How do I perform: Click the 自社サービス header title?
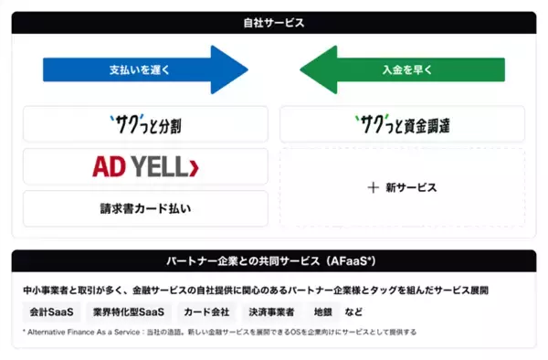coord(274,21)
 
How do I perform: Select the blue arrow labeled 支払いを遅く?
coord(142,69)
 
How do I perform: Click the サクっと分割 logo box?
coord(146,123)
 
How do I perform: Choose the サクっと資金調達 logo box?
coord(402,123)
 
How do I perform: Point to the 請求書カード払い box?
coord(146,209)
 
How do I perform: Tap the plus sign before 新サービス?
coord(373,187)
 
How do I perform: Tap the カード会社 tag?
coord(205,312)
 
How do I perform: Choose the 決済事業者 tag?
coord(271,312)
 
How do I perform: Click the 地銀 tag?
coord(321,312)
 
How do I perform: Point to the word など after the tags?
coord(353,312)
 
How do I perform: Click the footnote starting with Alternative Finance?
coord(219,333)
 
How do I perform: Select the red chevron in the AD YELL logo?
coord(193,167)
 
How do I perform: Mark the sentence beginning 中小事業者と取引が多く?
coord(256,290)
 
